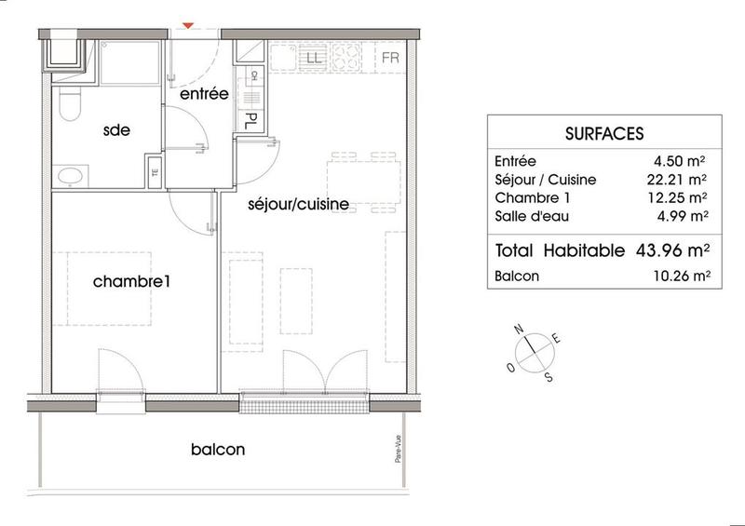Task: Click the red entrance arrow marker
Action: [190, 27]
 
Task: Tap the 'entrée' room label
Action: [204, 95]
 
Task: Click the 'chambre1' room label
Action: [135, 280]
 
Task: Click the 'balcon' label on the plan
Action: [218, 450]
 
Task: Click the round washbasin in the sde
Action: [68, 175]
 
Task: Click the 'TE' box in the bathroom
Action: [155, 170]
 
